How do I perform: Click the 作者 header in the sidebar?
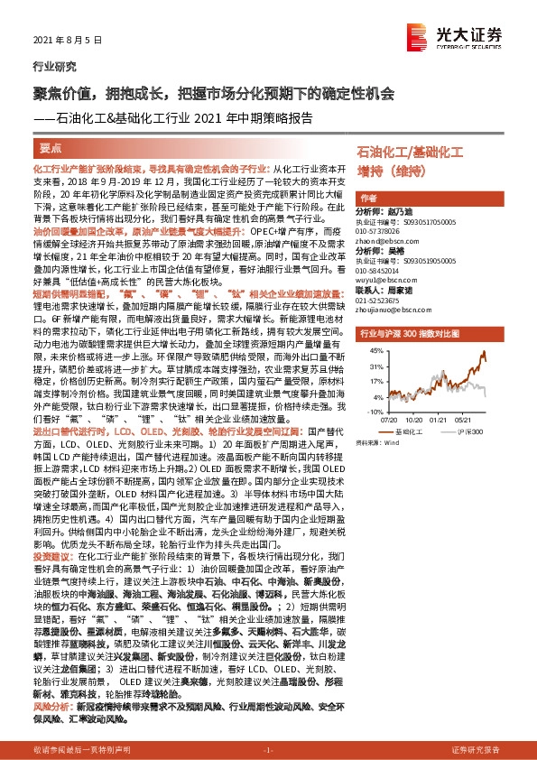click(367, 198)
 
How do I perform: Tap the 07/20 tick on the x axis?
click(391, 419)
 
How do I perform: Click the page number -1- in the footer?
click(268, 750)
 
